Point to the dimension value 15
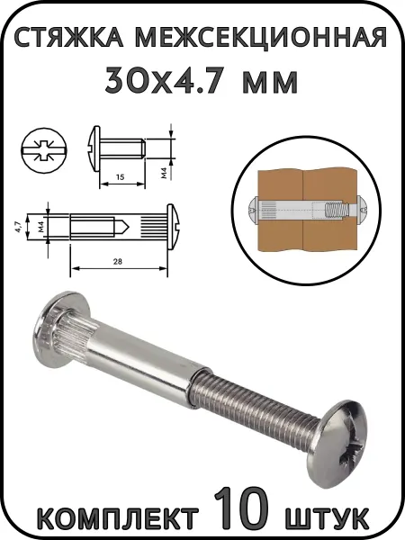pyautogui.click(x=120, y=177)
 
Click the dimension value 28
pyautogui.click(x=117, y=261)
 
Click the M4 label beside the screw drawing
pyautogui.click(x=164, y=173)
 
